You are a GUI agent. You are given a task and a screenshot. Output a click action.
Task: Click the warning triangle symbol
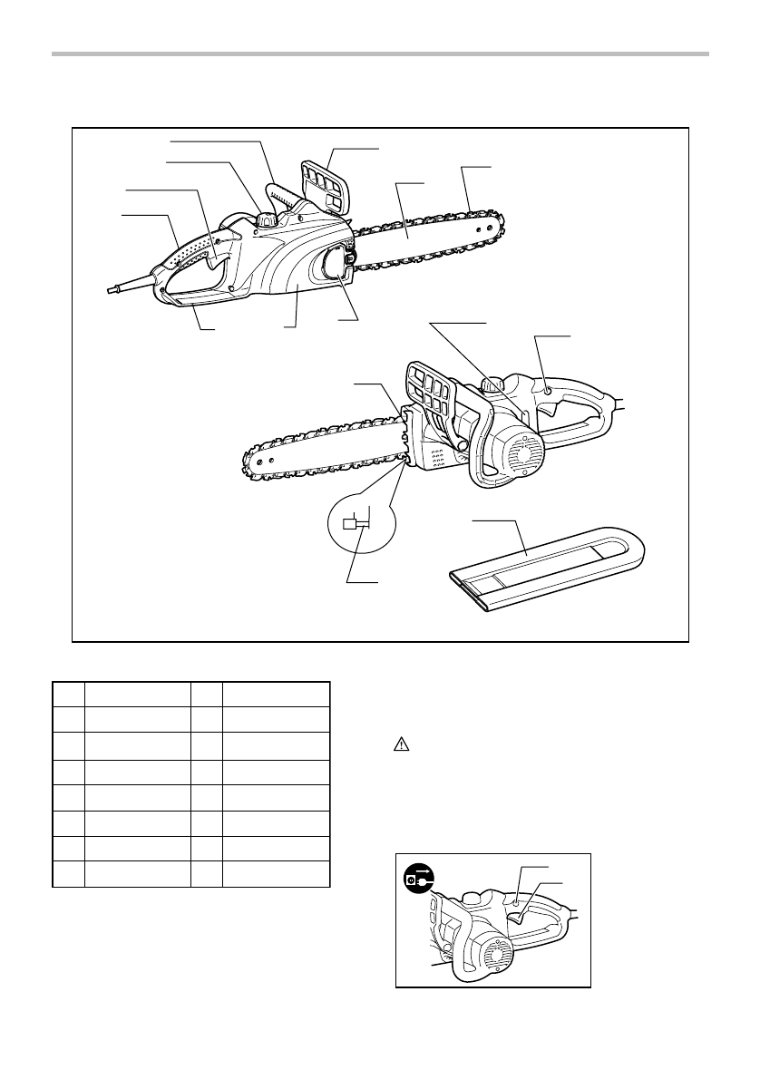[400, 744]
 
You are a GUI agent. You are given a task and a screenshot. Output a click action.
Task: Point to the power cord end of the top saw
[112, 288]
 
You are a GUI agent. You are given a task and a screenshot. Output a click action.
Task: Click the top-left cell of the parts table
[68, 694]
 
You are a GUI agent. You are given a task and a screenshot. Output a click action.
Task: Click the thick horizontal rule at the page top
[380, 55]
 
